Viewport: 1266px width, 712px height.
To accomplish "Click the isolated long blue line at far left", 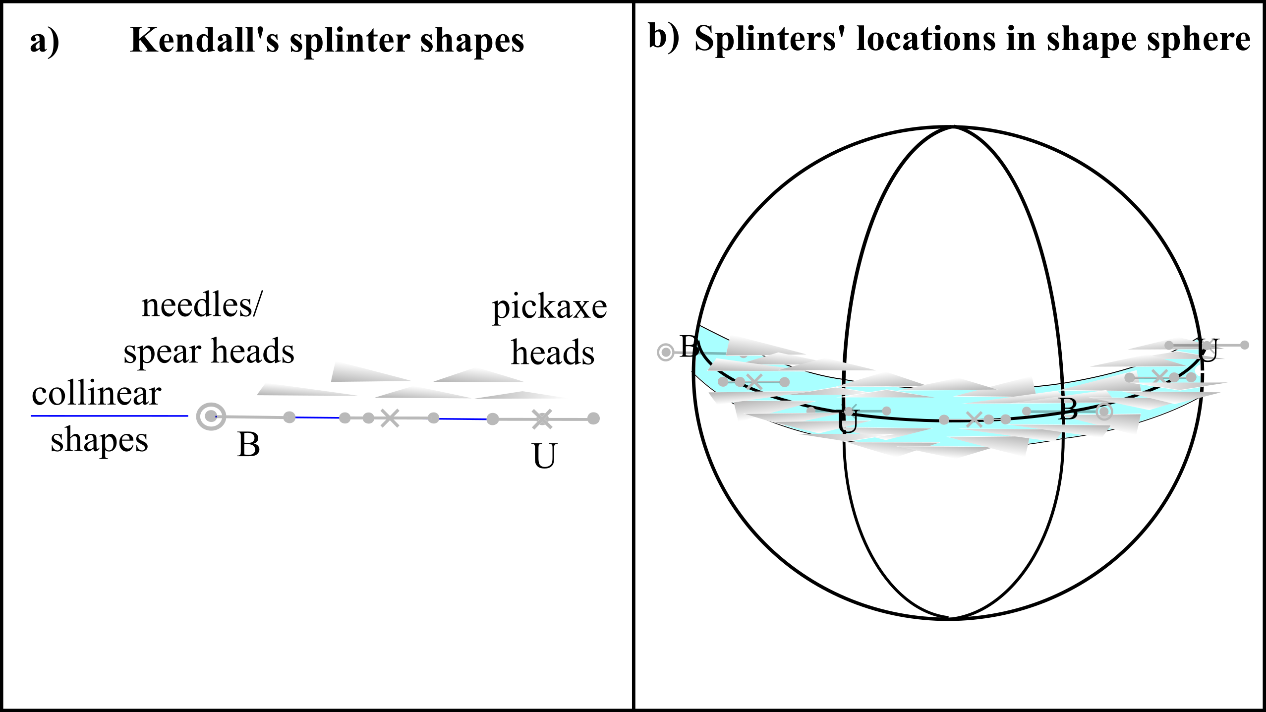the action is click(109, 416).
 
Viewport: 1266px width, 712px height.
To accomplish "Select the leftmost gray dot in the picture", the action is click(289, 417).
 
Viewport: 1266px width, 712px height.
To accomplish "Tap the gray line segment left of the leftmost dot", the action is click(248, 417).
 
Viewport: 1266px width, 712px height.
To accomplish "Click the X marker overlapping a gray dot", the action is click(542, 419).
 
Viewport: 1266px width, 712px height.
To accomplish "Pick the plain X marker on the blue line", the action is click(390, 418).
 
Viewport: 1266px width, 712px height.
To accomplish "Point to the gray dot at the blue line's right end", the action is click(492, 419).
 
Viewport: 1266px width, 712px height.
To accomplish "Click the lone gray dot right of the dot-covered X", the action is click(593, 418).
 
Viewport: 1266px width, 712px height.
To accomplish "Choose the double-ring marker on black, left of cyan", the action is click(665, 353).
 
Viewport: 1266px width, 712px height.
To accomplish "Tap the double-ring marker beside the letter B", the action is click(1104, 412).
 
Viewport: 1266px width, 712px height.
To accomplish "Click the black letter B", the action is click(1068, 410).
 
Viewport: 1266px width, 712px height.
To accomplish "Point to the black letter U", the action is click(847, 422).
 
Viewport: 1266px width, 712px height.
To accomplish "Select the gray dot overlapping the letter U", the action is click(849, 412).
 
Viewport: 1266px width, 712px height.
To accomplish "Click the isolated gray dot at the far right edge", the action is click(1245, 345).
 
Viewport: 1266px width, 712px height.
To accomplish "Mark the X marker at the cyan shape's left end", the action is click(754, 382).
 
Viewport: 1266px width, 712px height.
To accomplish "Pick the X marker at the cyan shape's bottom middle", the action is click(974, 419).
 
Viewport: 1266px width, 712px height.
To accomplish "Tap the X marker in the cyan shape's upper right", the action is click(1159, 377).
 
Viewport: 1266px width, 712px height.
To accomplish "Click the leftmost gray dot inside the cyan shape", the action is click(723, 382).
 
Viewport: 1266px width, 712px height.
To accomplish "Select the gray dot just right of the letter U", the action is click(886, 411).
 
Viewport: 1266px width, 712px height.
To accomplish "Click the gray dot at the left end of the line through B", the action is click(1027, 411).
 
